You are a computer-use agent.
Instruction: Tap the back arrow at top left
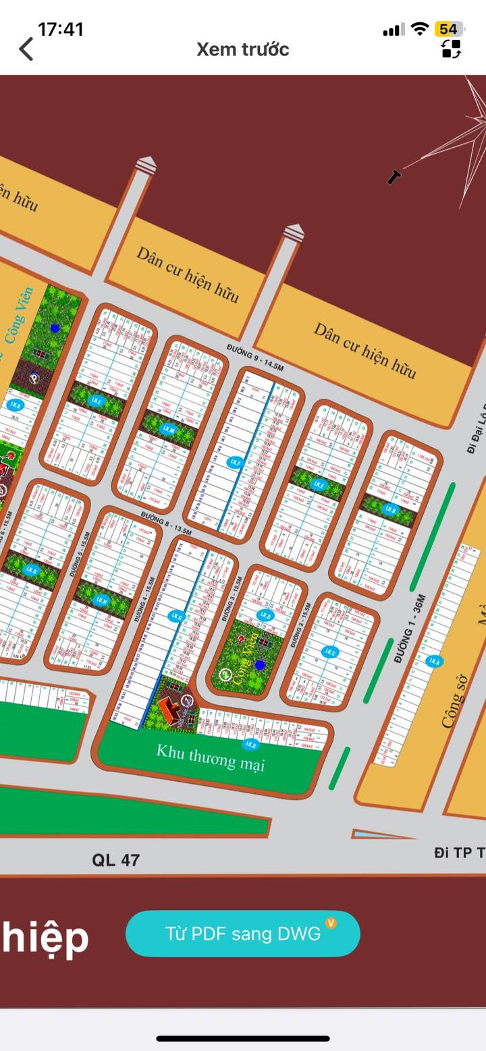(x=26, y=49)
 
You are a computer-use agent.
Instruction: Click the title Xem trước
(x=243, y=49)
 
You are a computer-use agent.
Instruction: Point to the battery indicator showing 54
(x=448, y=29)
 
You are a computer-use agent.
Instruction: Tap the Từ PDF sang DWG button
(x=243, y=934)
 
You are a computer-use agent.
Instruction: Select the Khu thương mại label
(x=211, y=758)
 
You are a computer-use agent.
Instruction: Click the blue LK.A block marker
(x=435, y=661)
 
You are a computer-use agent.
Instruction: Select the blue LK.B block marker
(x=389, y=510)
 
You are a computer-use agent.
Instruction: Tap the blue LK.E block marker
(x=319, y=484)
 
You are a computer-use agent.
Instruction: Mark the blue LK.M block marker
(x=168, y=429)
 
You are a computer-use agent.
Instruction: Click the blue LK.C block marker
(x=330, y=652)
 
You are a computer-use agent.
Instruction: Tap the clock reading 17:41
(x=61, y=29)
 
